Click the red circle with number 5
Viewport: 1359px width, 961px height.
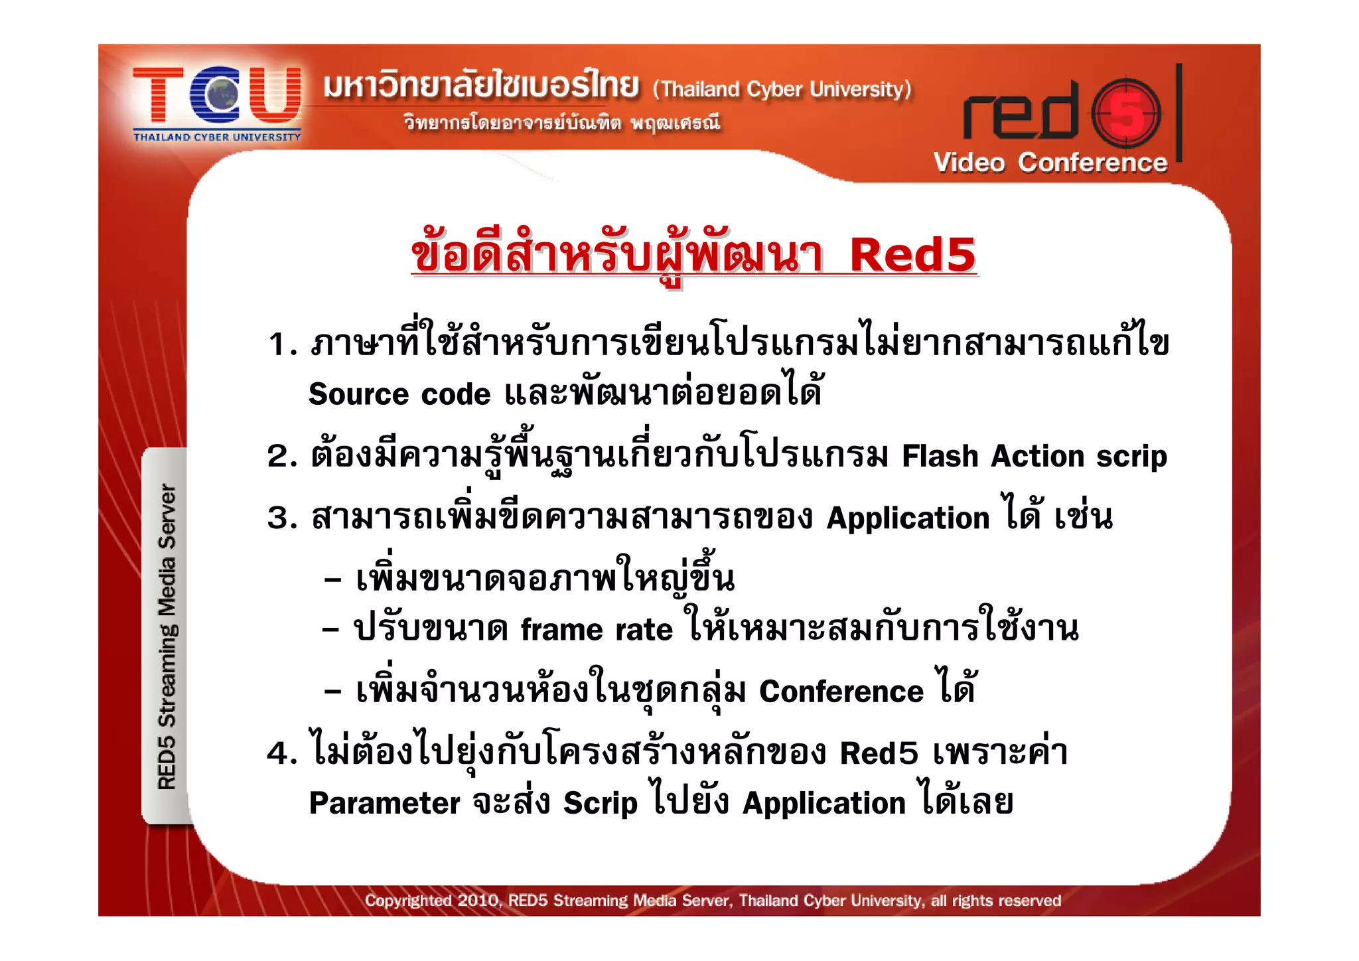(1126, 113)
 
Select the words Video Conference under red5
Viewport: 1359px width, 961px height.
(1050, 163)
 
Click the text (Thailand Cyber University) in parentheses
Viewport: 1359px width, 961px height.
(782, 89)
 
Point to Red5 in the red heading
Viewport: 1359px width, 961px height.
(912, 255)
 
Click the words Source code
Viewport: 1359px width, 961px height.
(399, 394)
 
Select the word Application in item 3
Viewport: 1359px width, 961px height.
(908, 518)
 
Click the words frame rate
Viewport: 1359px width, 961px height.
(596, 629)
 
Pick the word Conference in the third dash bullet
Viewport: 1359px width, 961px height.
(841, 692)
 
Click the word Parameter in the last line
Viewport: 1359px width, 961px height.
(384, 803)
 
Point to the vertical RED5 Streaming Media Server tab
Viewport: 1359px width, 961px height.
(166, 636)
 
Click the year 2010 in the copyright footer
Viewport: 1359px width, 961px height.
(477, 901)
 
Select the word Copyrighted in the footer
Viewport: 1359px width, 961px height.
(407, 901)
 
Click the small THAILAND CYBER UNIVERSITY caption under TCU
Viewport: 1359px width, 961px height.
(217, 137)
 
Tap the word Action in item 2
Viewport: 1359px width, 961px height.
(1038, 456)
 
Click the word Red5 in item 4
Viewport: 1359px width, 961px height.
(879, 753)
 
